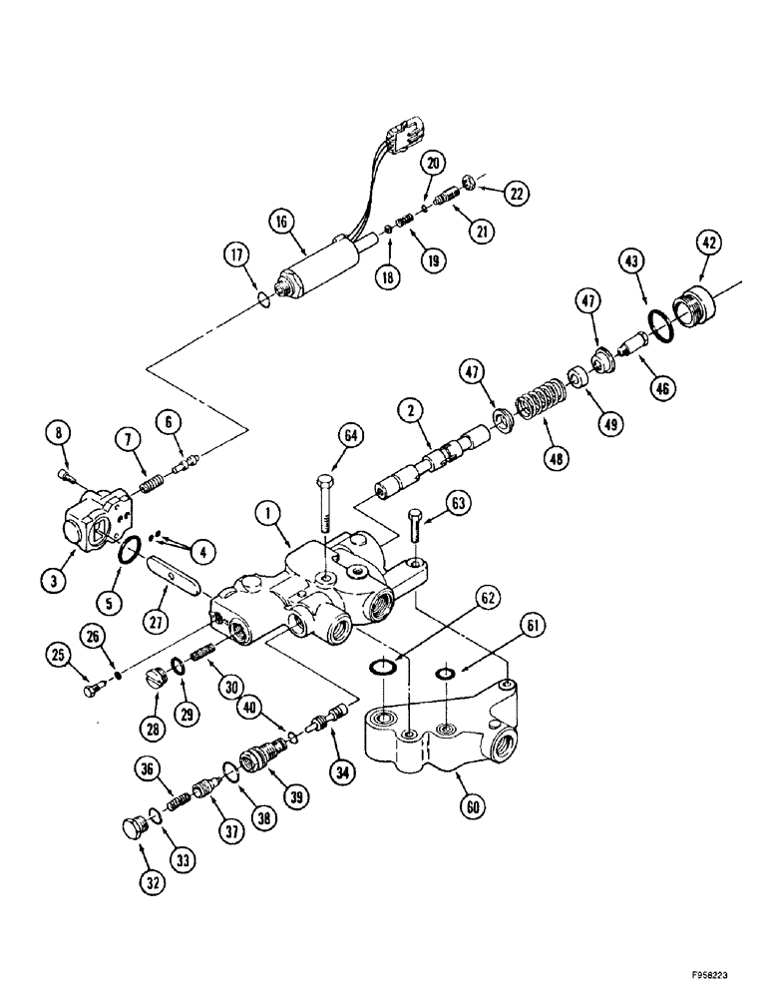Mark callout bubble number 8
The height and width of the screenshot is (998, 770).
tap(59, 433)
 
